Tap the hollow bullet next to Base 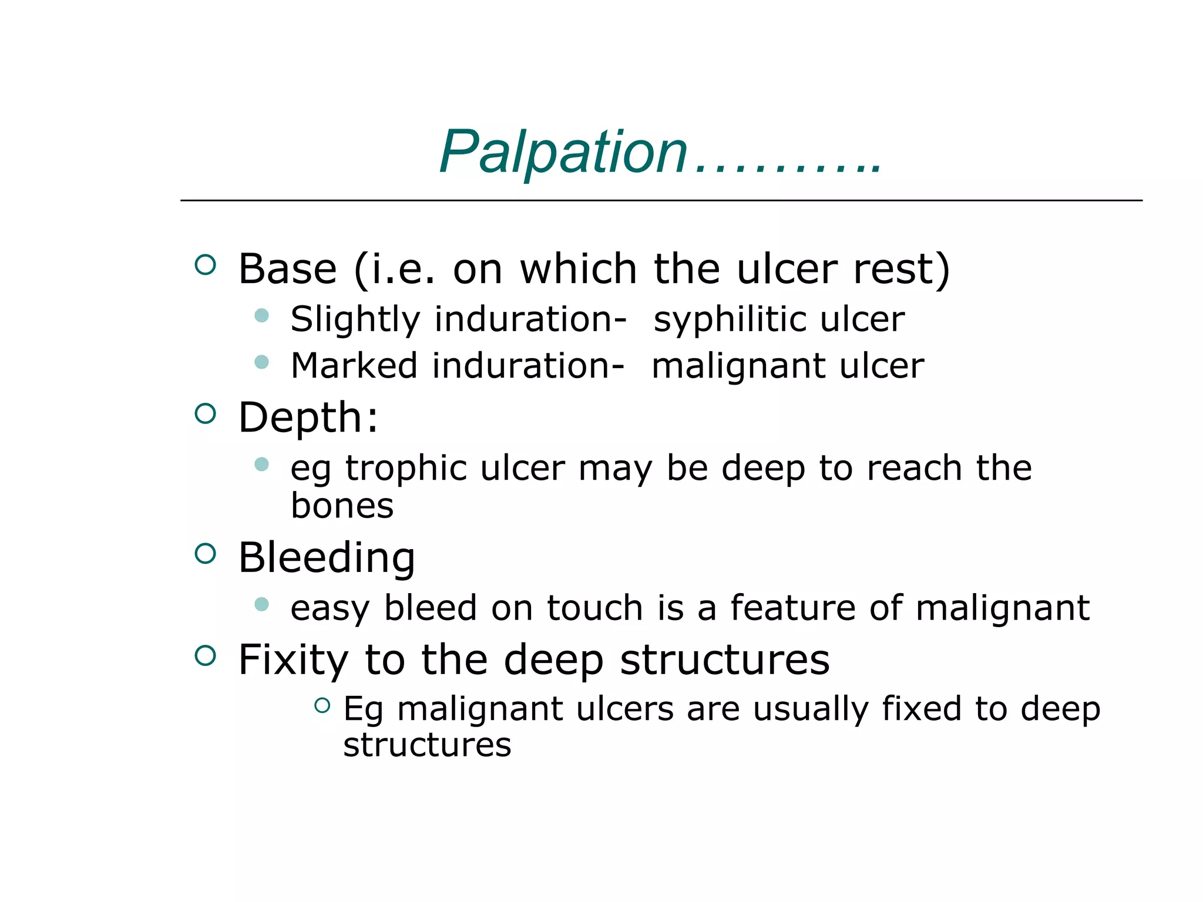(x=205, y=265)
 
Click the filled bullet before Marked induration (x=261, y=362)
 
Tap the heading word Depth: (x=308, y=418)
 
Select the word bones (x=342, y=506)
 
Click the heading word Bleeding (x=327, y=557)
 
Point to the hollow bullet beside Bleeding (x=205, y=553)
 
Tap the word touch (x=594, y=608)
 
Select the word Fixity (x=293, y=659)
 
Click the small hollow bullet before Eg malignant (x=322, y=705)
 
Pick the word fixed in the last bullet (x=921, y=709)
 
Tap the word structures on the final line (x=427, y=745)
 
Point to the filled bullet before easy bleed (x=261, y=604)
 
